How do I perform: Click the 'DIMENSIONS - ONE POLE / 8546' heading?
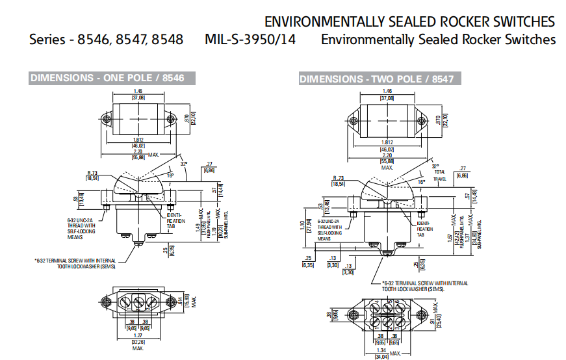(x=107, y=78)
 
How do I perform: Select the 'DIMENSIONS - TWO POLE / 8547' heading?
(x=376, y=79)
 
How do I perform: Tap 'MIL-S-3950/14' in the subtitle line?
(x=250, y=39)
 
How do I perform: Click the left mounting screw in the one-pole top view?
(x=106, y=120)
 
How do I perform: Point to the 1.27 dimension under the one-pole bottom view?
(x=138, y=335)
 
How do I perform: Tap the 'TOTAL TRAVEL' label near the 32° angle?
(x=441, y=175)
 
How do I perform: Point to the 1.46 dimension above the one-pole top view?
(x=138, y=91)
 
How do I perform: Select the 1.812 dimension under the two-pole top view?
(x=387, y=142)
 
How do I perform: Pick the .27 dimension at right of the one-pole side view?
(x=209, y=164)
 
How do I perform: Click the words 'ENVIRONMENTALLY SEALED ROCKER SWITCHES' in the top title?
(x=409, y=21)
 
